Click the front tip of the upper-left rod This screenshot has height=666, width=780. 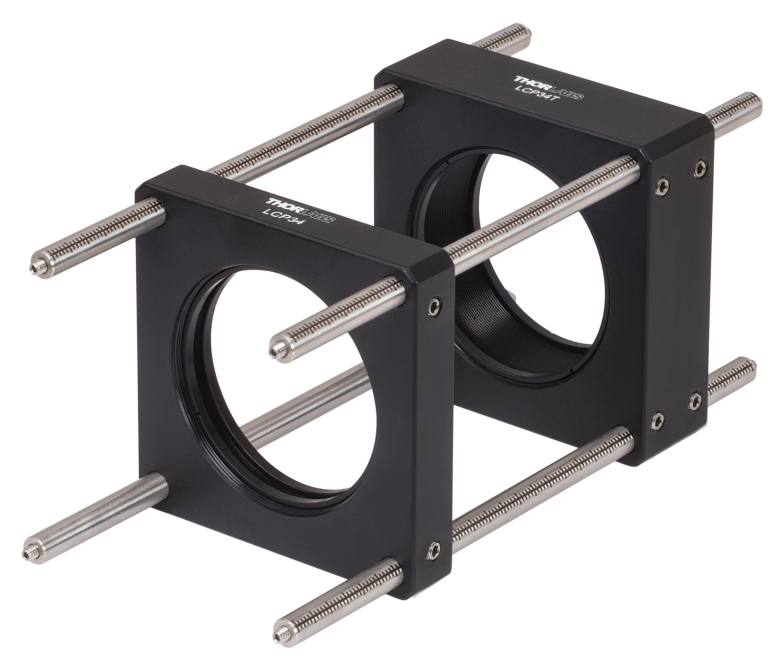pyautogui.click(x=36, y=266)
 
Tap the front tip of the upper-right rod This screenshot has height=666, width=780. pyautogui.click(x=280, y=347)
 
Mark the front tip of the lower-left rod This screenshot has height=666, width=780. pyautogui.click(x=33, y=551)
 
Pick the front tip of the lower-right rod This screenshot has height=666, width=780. pyautogui.click(x=283, y=632)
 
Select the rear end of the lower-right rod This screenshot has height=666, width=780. pyautogui.click(x=747, y=366)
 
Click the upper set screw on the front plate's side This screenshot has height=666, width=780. pyautogui.click(x=433, y=307)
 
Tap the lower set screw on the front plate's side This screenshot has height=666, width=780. pyautogui.click(x=432, y=548)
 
